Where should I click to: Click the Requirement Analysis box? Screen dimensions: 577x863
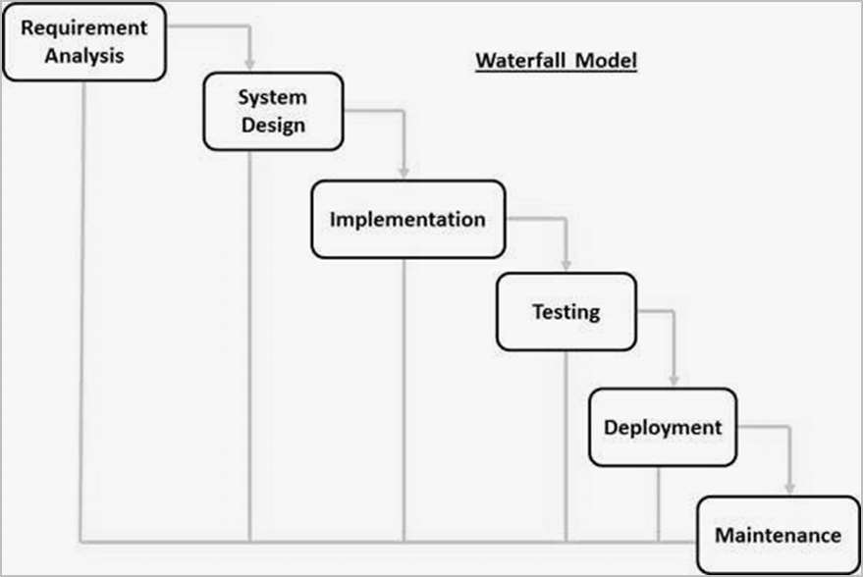tap(84, 42)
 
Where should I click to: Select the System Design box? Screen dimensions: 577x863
tap(273, 112)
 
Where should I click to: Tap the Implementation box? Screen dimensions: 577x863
tap(407, 219)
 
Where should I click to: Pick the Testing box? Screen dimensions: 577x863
tap(566, 312)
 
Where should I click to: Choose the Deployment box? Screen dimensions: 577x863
tap(662, 427)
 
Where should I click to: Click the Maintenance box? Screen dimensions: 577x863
tap(778, 535)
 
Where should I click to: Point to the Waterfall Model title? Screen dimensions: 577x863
tap(557, 61)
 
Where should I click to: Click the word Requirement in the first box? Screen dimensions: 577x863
tap(84, 27)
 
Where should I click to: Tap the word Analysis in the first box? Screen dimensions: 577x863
tap(84, 56)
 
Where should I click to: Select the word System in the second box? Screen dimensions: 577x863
tap(273, 98)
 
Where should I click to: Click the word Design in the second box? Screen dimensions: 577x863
tap(273, 126)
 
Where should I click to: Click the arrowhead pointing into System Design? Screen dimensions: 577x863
tap(250, 65)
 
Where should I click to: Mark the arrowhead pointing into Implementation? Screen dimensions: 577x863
tap(404, 172)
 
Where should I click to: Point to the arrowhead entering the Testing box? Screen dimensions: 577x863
tap(566, 264)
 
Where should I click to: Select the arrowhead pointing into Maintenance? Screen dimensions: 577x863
tap(789, 488)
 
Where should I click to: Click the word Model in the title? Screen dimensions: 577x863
tap(606, 61)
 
